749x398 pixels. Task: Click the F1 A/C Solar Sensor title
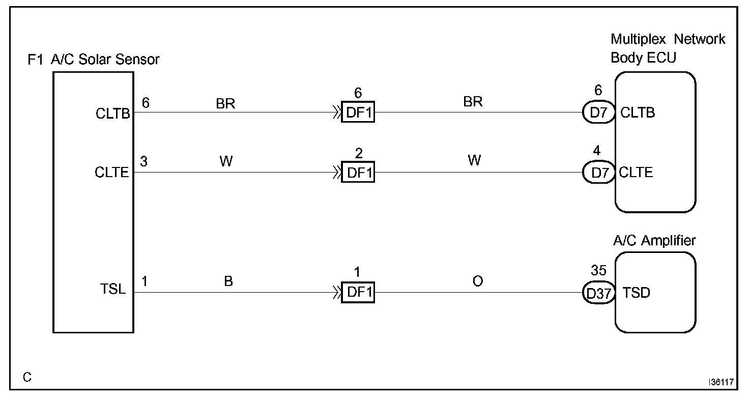[x=93, y=60]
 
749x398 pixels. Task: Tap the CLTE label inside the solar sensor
[x=111, y=173]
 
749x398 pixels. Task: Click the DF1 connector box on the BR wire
[x=358, y=112]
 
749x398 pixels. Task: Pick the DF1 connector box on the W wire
[x=358, y=173]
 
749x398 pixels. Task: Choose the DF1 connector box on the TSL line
[x=358, y=293]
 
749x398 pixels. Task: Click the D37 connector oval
[x=599, y=293]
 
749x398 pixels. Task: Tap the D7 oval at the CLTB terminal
[x=599, y=112]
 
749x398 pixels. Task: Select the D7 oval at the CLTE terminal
[x=599, y=173]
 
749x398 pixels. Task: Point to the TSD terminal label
[x=636, y=293]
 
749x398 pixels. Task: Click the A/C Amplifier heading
[x=654, y=240]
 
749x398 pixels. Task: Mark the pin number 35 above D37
[x=598, y=270]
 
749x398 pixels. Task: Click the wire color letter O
[x=477, y=281]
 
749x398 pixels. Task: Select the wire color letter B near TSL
[x=228, y=281]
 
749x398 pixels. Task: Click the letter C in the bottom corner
[x=27, y=377]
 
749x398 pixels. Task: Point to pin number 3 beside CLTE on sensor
[x=144, y=161]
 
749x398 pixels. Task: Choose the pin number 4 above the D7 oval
[x=597, y=151]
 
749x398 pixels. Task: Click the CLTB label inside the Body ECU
[x=638, y=112]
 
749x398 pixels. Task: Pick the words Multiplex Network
[x=668, y=39]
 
